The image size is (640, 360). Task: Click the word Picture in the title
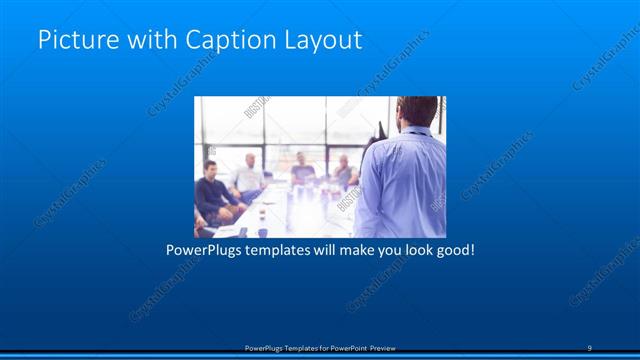coord(71,41)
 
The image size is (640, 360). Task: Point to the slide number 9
coord(589,348)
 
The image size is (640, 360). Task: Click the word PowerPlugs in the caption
coord(205,249)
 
